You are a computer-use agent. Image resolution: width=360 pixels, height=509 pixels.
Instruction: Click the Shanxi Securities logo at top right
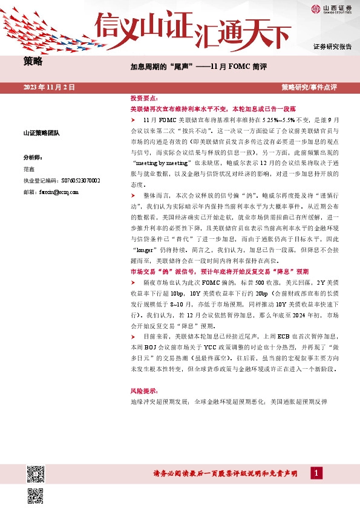(332, 8)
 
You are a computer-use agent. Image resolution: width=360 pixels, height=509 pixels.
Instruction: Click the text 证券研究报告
(332, 47)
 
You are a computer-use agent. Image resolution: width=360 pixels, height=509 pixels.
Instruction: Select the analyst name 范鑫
(29, 169)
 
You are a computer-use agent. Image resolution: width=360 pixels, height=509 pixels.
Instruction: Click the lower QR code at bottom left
(35, 496)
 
